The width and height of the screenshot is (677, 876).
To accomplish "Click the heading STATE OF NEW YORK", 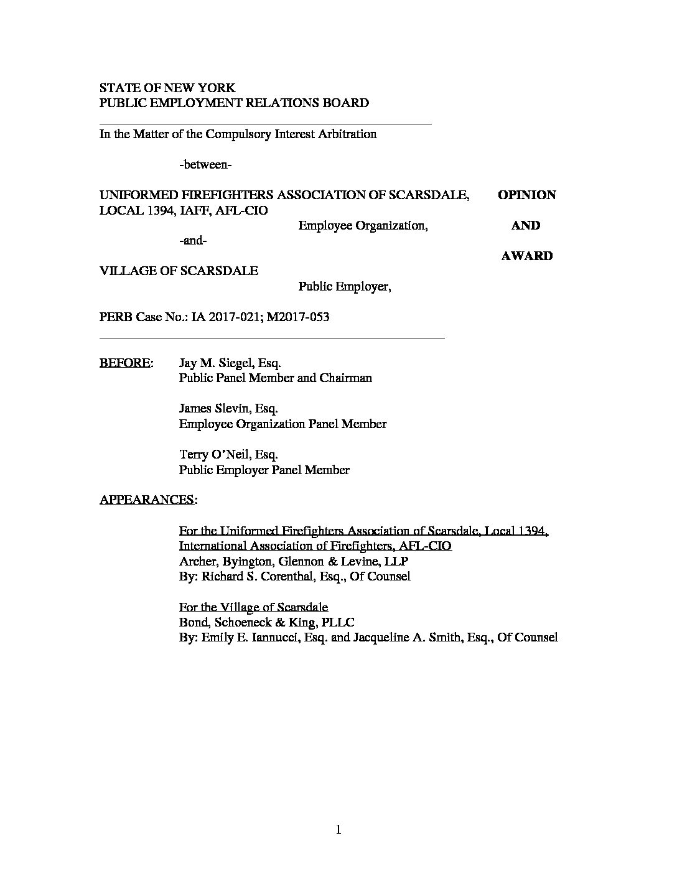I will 167,88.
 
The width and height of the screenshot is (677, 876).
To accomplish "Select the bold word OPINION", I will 526,195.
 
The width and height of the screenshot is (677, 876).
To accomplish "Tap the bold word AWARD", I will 526,256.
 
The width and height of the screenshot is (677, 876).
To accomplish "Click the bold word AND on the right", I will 526,225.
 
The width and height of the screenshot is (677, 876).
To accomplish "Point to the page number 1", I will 338,829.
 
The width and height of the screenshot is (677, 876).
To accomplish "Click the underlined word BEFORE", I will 124,363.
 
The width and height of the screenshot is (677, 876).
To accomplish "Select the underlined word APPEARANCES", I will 147,500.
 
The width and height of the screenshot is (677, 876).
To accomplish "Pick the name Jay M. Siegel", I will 215,363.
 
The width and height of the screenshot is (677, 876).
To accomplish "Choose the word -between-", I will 205,165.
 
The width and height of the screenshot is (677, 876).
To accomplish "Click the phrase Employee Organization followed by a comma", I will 363,225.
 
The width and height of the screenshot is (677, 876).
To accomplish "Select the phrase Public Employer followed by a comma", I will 344,287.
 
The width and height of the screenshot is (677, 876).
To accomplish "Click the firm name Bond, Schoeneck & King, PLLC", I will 267,622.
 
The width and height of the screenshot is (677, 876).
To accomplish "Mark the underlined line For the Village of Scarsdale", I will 253,607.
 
